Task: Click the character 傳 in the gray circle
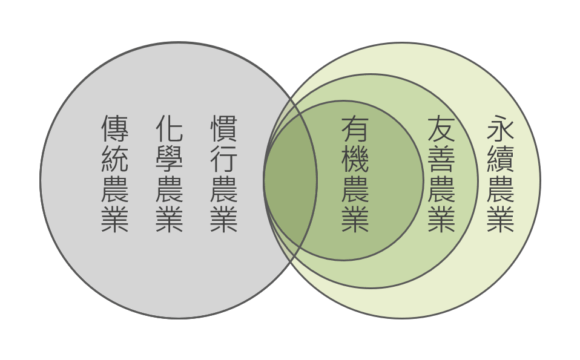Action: click(x=115, y=128)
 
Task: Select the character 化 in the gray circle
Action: click(x=170, y=128)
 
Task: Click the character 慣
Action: click(x=224, y=128)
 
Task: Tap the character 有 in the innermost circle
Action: click(x=355, y=128)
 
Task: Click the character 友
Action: click(x=441, y=128)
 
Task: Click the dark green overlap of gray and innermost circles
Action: click(x=291, y=180)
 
